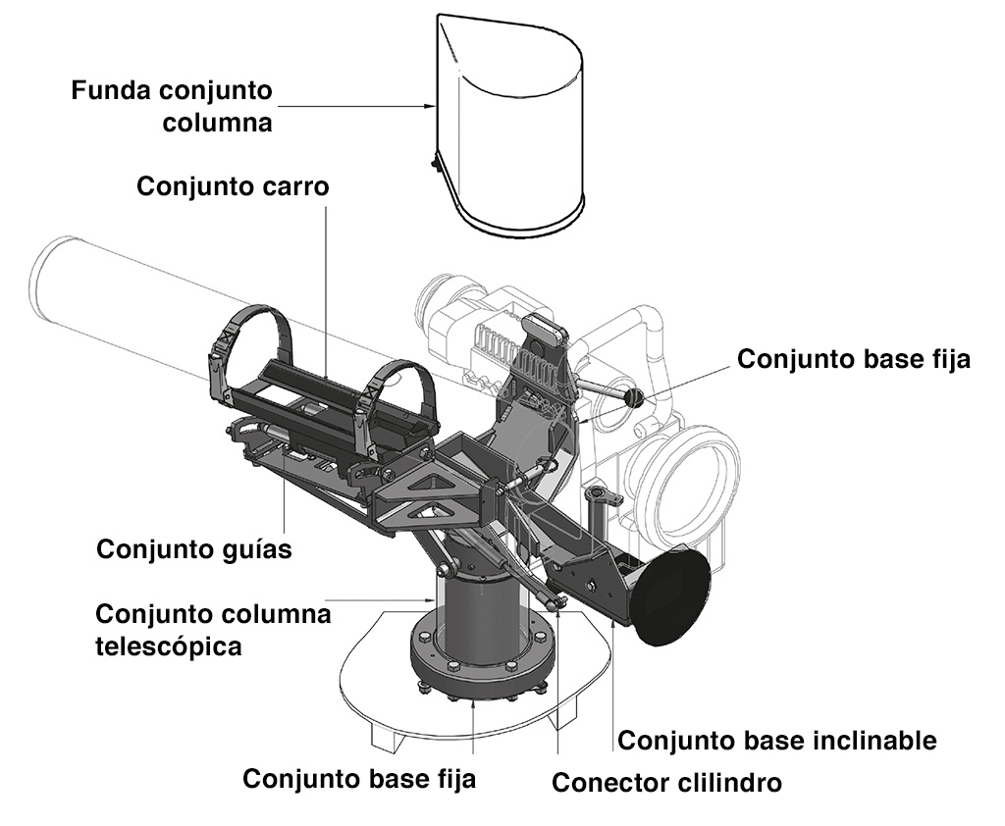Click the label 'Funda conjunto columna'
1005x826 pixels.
coord(172,107)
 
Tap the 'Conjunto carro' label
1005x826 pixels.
coord(232,186)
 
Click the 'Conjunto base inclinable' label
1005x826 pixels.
coord(776,740)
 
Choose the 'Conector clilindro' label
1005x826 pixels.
coord(667,783)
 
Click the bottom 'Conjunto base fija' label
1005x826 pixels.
coord(359,780)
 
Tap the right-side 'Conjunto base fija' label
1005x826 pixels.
coord(854,359)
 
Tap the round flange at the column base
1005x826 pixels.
coord(481,667)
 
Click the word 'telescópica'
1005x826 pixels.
coord(169,646)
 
